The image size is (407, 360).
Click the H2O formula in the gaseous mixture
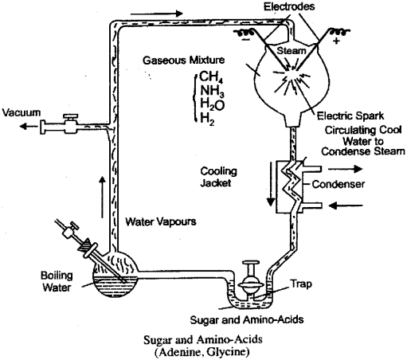click(213, 105)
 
